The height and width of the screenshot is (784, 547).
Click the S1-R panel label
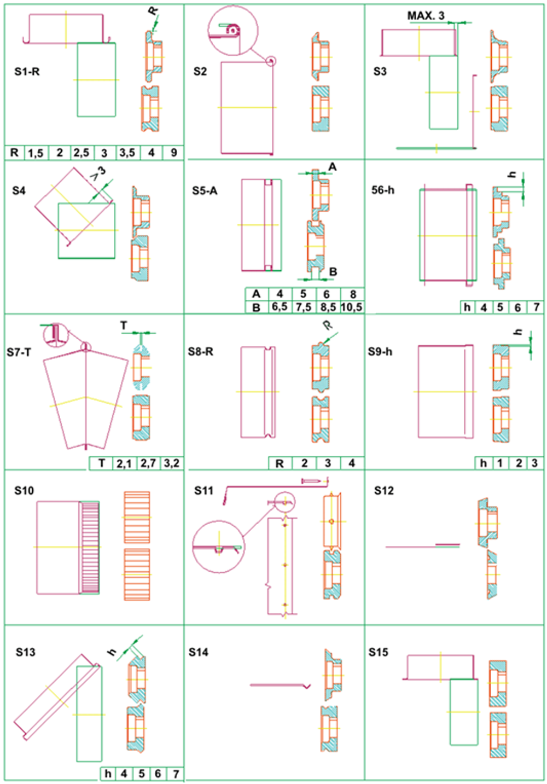coord(27,72)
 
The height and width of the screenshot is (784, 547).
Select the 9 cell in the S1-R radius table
coord(173,153)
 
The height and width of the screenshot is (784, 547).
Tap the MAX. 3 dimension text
coord(426,15)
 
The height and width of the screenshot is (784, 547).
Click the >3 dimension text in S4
coord(98,175)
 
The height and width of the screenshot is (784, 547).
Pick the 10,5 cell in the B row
coord(351,307)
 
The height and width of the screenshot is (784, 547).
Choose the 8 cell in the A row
coord(353,294)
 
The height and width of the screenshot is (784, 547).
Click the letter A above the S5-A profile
coord(332,167)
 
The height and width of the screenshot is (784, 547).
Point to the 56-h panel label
coord(383,190)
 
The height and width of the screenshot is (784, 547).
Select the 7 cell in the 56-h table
coord(536,307)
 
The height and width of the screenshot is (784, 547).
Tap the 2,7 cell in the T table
coord(148,463)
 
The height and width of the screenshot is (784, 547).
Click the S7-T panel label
coord(19,352)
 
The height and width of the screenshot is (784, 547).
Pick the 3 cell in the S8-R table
coord(328,463)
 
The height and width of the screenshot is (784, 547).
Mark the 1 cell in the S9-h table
coord(500,463)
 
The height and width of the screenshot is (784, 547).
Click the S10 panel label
coord(24,490)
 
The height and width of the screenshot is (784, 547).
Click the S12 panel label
coord(384,490)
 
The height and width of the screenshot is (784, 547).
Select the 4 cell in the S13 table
coord(124,774)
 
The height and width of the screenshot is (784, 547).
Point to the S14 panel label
coord(199,652)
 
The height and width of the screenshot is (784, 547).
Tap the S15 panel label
coord(379,652)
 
